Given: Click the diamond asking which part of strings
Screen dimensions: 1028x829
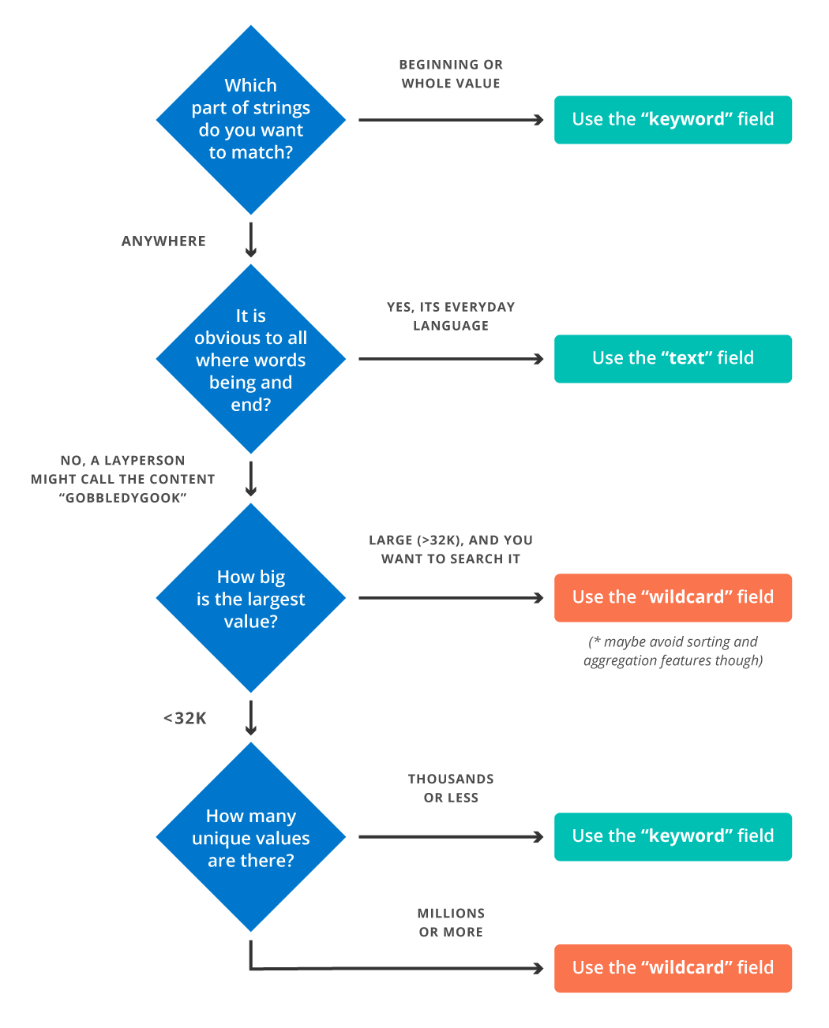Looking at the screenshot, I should pyautogui.click(x=251, y=120).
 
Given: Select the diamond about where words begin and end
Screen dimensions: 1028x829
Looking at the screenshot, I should pyautogui.click(x=251, y=359).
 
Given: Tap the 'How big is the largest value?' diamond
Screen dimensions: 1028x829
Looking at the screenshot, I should pyautogui.click(x=251, y=598).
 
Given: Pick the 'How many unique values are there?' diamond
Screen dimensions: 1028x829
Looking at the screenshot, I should pyautogui.click(x=251, y=837).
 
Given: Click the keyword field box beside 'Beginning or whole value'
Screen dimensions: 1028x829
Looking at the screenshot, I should pyautogui.click(x=673, y=120).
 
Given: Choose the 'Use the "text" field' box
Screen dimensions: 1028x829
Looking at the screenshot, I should pyautogui.click(x=673, y=359).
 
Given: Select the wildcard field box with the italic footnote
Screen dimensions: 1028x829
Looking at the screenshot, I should pyautogui.click(x=673, y=598).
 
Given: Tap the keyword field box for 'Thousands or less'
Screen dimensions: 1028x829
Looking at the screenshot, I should pyautogui.click(x=673, y=837).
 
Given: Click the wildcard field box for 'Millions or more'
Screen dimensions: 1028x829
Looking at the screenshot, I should pyautogui.click(x=673, y=968).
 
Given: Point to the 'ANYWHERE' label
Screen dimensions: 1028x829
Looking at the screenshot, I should pyautogui.click(x=163, y=241).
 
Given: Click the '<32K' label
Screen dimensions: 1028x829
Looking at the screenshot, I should pyautogui.click(x=185, y=718).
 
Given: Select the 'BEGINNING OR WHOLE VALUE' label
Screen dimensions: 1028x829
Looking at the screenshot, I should pyautogui.click(x=451, y=74).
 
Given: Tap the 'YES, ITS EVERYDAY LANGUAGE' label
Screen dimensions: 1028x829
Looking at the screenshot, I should pyautogui.click(x=451, y=316).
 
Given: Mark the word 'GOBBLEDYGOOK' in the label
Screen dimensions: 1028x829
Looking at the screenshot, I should pyautogui.click(x=123, y=499).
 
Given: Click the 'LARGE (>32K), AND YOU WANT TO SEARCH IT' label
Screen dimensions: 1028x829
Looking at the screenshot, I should pyautogui.click(x=451, y=550).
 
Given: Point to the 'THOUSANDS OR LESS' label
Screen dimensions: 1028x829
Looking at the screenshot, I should pyautogui.click(x=451, y=788).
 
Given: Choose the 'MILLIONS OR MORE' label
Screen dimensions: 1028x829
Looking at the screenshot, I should pyautogui.click(x=451, y=922).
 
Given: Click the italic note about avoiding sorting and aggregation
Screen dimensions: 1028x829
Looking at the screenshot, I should pyautogui.click(x=673, y=652).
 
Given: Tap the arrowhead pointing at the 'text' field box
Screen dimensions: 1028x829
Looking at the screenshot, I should pyautogui.click(x=539, y=359).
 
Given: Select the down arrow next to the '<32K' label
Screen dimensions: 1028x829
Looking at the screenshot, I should pyautogui.click(x=251, y=719).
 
